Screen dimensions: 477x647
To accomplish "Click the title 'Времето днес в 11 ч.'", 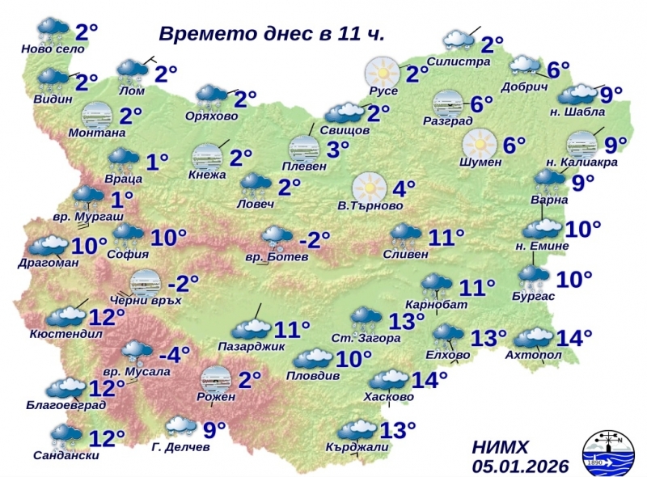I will coord(271,35).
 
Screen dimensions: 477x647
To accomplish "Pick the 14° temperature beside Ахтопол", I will coord(569,337).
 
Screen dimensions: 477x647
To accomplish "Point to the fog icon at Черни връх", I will coord(145,282).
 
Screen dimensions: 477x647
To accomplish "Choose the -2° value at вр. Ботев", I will coord(315,240).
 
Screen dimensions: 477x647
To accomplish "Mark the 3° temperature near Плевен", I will coord(337,149).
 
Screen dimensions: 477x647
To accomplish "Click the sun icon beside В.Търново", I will coord(369,188).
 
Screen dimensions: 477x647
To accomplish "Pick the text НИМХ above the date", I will coord(500,447).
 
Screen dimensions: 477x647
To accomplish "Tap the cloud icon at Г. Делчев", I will coord(180,424).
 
